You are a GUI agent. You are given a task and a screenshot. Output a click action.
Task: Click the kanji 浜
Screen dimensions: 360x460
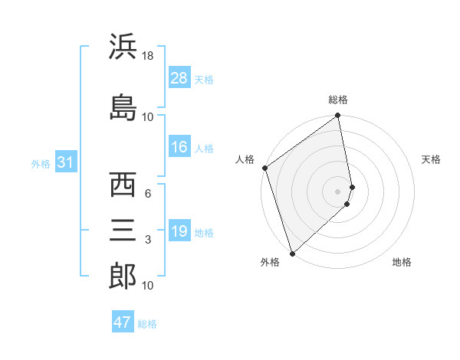coord(123,47)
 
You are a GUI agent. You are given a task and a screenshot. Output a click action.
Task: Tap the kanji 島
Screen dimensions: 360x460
coord(123,106)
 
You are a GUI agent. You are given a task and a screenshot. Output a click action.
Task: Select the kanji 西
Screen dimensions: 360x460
coord(123,185)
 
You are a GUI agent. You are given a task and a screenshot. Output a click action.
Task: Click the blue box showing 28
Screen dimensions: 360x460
coord(179,77)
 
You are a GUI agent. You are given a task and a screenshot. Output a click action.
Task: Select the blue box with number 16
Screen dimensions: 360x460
coord(179,148)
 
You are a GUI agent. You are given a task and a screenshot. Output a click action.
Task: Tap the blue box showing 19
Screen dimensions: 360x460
coord(179,231)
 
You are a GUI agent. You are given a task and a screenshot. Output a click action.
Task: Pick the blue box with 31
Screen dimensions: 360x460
coord(65,162)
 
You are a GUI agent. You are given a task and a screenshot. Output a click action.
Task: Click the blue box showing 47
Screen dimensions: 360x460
coord(123,322)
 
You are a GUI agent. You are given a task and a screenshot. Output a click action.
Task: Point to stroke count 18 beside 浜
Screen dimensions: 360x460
coord(148,57)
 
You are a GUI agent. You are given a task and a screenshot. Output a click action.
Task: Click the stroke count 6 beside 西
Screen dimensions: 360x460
coord(148,194)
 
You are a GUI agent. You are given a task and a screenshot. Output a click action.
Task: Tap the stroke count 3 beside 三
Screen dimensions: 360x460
coord(148,240)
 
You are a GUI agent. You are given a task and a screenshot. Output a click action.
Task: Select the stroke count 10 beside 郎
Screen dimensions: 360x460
coord(148,286)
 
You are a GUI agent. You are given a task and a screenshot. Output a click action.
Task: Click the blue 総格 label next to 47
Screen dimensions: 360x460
coord(147,324)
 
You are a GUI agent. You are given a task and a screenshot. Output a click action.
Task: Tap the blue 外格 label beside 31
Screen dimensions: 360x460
coord(40,163)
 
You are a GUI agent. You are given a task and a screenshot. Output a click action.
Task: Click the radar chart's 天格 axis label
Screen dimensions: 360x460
coord(432,159)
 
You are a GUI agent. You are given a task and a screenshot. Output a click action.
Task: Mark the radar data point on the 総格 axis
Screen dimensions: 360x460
coord(338,116)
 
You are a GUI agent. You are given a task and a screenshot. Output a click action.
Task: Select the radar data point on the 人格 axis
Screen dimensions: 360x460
coord(264,168)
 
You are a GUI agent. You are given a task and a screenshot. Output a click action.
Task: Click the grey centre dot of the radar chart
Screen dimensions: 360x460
coord(338,191)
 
